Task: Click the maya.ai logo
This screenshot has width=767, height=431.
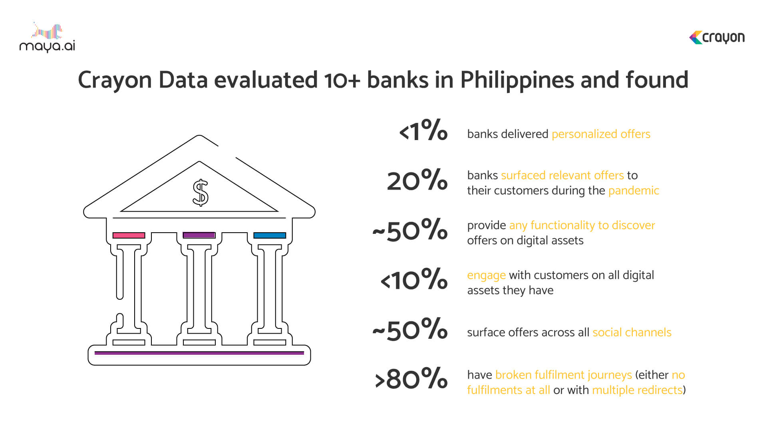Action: [x=47, y=38]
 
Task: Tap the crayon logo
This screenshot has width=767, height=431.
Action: [x=717, y=38]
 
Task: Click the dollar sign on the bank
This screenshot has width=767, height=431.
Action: [x=201, y=192]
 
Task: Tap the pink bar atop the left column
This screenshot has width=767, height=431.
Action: [x=129, y=235]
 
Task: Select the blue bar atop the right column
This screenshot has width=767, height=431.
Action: [x=270, y=235]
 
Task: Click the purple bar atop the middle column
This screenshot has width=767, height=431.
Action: [x=199, y=235]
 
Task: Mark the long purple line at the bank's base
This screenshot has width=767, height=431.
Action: [x=199, y=353]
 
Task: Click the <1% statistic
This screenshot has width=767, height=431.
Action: [x=423, y=130]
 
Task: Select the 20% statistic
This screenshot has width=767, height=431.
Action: [x=417, y=180]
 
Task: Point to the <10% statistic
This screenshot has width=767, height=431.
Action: [x=414, y=279]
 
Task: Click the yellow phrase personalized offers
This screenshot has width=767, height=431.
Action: [x=601, y=134]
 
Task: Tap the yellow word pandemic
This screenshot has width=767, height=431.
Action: [x=634, y=191]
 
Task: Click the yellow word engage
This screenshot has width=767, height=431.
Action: [x=486, y=276]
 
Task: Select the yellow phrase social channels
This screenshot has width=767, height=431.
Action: [x=632, y=332]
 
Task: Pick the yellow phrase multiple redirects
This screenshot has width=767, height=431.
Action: [x=637, y=390]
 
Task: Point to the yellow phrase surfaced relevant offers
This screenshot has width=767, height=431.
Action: [x=562, y=175]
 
